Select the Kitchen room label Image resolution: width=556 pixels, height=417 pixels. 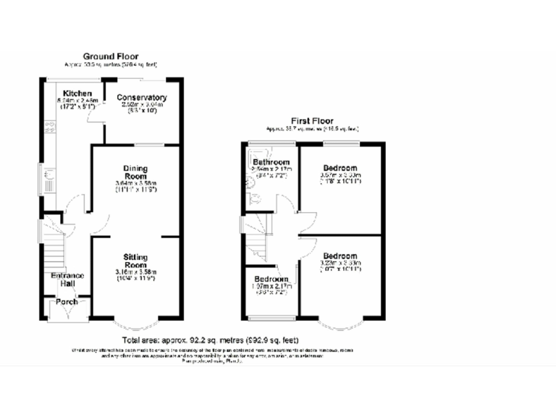tap(77, 94)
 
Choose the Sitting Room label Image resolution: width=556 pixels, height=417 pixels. tap(135, 261)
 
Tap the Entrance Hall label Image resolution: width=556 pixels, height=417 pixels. tap(67, 280)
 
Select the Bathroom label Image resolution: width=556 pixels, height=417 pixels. tap(271, 162)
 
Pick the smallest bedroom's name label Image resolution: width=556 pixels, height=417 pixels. tap(271, 279)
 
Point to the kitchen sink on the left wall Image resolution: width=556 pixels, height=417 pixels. tap(46, 176)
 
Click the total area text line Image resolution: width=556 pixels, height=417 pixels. tap(210, 340)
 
